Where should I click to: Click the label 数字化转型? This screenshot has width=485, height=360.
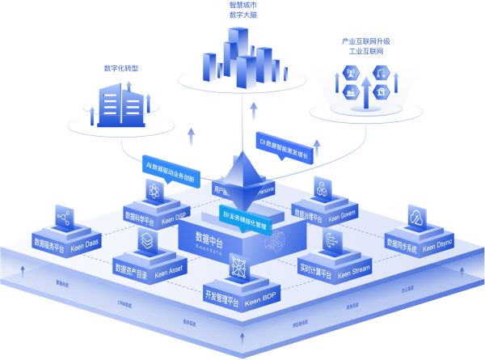tap(121, 70)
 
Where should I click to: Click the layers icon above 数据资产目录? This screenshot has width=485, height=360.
tap(146, 239)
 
